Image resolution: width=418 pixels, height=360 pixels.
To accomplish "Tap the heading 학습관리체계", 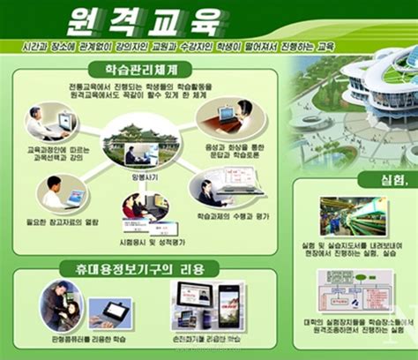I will click(x=138, y=69).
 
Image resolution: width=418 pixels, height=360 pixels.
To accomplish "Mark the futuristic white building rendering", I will click(x=362, y=97).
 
